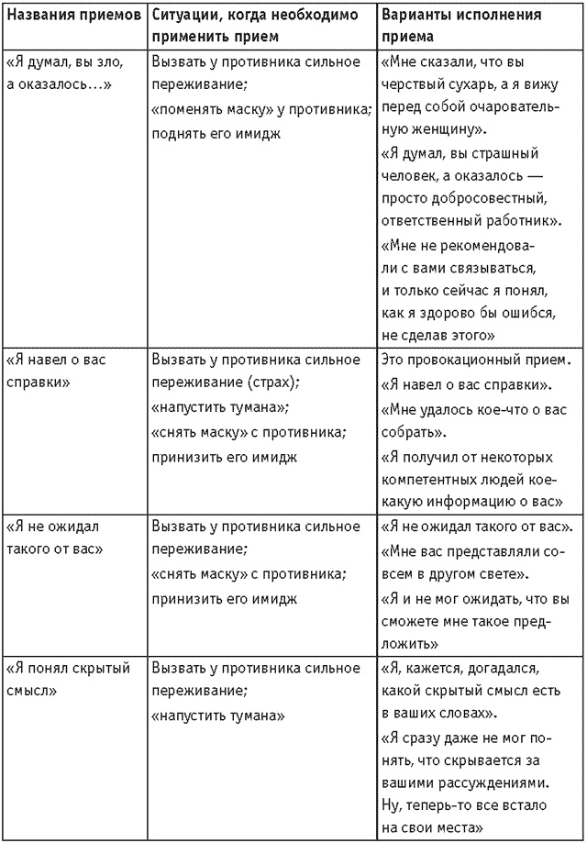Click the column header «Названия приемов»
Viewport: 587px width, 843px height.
[x=72, y=16]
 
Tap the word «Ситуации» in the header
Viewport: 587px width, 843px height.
[x=183, y=16]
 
